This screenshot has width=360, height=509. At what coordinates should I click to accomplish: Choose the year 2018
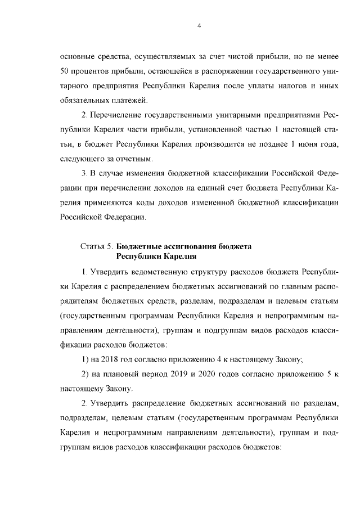coord(111,359)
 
